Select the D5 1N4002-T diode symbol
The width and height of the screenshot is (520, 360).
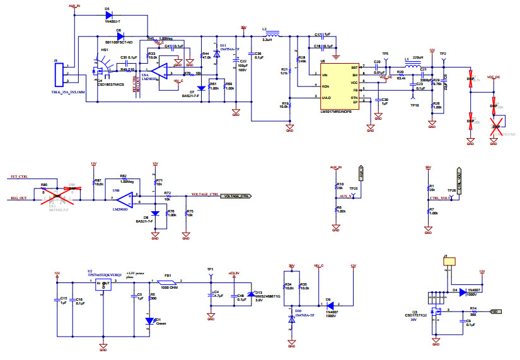pos(108,15)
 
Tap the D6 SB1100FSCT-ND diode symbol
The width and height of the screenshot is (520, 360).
pos(120,36)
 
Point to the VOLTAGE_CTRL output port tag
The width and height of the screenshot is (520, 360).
pos(236,196)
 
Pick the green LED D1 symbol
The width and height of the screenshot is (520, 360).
pos(149,320)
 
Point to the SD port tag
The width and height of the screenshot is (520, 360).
pos(495,311)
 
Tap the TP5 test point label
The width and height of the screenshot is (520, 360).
pos(385,54)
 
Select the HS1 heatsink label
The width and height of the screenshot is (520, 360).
pos(105,49)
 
